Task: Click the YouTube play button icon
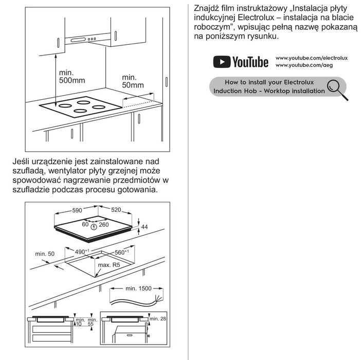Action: (222, 62)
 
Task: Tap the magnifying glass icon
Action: (337, 89)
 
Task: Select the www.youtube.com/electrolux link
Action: (312, 58)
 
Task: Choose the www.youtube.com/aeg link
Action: (304, 65)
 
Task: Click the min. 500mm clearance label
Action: (72, 77)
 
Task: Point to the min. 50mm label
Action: (133, 81)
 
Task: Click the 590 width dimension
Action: (77, 210)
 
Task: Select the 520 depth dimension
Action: (116, 210)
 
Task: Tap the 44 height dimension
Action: (144, 227)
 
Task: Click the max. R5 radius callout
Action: (109, 265)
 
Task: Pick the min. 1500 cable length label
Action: (138, 289)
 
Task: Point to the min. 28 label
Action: (158, 319)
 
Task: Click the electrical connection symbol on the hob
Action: (94, 227)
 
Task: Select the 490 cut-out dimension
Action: (82, 251)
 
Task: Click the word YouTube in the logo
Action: (250, 62)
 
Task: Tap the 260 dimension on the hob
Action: (104, 225)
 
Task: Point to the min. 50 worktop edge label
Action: (45, 254)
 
